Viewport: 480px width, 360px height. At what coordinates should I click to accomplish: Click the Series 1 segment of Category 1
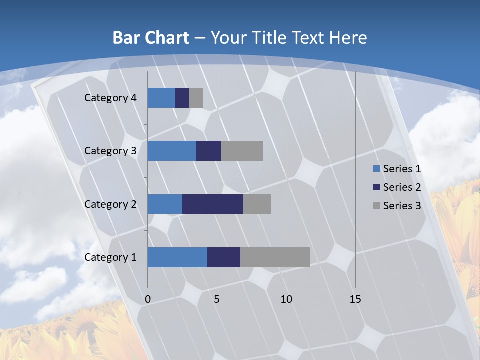[177, 257]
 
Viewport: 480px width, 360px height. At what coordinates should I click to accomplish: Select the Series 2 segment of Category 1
[224, 257]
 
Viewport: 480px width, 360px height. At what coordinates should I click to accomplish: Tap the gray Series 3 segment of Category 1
[275, 257]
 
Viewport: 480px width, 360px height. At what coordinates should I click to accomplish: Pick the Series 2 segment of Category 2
[213, 204]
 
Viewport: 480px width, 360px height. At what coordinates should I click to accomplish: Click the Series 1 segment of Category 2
[165, 204]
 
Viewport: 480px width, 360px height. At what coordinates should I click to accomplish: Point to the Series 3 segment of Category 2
[257, 204]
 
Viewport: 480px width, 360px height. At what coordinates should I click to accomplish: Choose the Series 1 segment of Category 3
[172, 151]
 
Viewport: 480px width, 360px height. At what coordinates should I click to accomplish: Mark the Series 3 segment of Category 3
[242, 151]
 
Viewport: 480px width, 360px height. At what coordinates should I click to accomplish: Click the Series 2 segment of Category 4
[182, 98]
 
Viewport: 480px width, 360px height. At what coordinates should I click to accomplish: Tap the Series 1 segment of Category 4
[161, 98]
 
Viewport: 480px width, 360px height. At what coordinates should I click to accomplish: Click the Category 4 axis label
[110, 98]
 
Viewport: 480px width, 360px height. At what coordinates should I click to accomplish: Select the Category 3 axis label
[110, 151]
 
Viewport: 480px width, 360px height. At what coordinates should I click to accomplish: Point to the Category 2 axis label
[110, 204]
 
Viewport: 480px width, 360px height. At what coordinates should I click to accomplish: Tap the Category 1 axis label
[110, 257]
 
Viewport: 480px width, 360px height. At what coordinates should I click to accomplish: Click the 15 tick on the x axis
[355, 299]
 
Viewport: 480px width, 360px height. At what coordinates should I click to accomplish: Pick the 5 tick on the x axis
[217, 299]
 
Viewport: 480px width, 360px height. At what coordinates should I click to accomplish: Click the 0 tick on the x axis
[148, 299]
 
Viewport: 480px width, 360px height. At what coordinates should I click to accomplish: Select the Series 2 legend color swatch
[376, 187]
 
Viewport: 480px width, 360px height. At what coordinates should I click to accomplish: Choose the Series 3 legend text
[402, 205]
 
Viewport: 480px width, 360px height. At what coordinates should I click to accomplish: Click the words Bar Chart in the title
[150, 38]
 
